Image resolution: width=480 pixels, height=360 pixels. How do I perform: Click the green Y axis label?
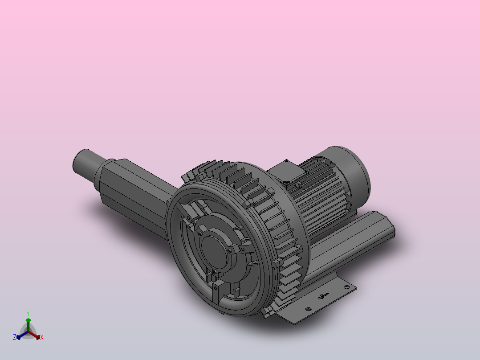(28, 313)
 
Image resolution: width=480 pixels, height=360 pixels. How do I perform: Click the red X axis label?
(42, 338)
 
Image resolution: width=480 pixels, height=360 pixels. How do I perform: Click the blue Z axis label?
(14, 337)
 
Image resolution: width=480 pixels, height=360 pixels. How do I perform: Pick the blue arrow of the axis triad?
(20, 335)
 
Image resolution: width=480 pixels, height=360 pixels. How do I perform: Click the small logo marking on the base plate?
(323, 295)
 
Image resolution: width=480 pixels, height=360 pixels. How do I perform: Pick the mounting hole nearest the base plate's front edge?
(307, 308)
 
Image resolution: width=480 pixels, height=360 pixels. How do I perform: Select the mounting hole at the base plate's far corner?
(346, 287)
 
